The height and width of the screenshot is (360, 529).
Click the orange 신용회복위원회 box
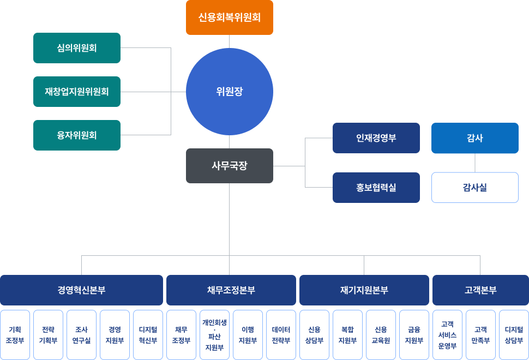click(x=229, y=17)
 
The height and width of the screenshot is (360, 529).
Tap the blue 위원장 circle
click(x=229, y=92)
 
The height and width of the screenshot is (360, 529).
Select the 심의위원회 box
click(x=77, y=48)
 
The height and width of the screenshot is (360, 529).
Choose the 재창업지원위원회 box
click(x=77, y=92)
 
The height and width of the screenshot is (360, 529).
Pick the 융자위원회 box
click(x=77, y=135)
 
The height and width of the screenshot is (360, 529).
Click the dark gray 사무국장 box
click(x=229, y=166)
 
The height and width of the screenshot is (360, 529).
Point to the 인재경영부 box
click(x=376, y=138)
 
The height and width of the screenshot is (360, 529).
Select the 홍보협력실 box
click(x=376, y=188)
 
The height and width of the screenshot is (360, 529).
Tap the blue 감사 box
click(x=475, y=138)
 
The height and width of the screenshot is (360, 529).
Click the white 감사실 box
click(x=475, y=188)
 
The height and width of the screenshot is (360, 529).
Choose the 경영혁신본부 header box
click(x=81, y=290)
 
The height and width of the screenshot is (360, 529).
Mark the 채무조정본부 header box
click(x=231, y=290)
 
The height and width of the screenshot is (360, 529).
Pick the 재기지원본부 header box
click(x=364, y=290)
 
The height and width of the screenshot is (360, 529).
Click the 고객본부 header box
click(x=480, y=290)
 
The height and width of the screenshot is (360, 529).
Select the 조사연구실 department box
click(x=81, y=335)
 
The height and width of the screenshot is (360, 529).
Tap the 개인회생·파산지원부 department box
click(x=214, y=335)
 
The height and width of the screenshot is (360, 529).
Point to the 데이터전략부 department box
click(x=281, y=335)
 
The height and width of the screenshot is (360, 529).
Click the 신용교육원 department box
click(x=381, y=335)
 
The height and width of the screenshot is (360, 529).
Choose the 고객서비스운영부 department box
click(x=447, y=335)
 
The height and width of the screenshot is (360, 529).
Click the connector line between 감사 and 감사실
click(x=475, y=163)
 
